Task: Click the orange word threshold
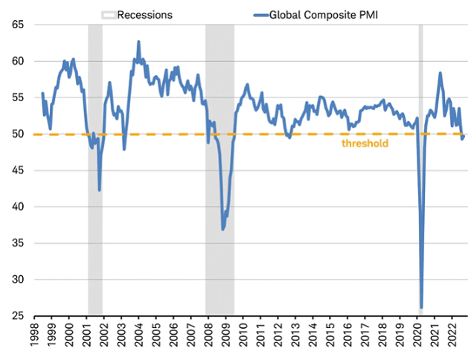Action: click(365, 143)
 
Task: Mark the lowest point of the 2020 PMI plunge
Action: click(421, 307)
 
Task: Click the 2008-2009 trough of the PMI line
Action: click(222, 229)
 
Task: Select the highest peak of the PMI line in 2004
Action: click(138, 42)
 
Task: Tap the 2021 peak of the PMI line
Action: click(441, 73)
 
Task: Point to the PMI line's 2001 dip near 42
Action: click(99, 190)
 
